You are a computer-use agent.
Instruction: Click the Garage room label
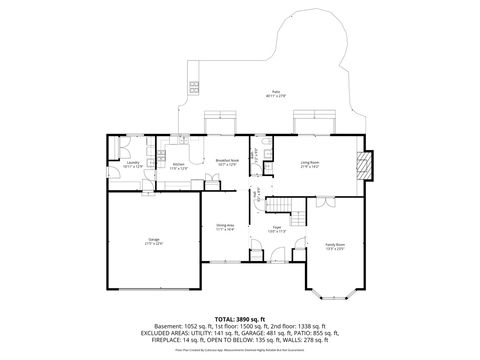tap(154, 241)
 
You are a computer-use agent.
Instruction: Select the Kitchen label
tap(178, 163)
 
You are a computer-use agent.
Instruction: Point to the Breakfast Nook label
tap(226, 161)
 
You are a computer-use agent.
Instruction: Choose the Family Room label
tap(334, 246)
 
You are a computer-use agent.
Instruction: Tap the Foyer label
tap(277, 230)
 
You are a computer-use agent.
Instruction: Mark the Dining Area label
tap(224, 228)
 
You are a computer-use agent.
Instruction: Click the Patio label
tap(274, 93)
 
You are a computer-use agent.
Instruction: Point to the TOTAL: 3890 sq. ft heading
tap(240, 317)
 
